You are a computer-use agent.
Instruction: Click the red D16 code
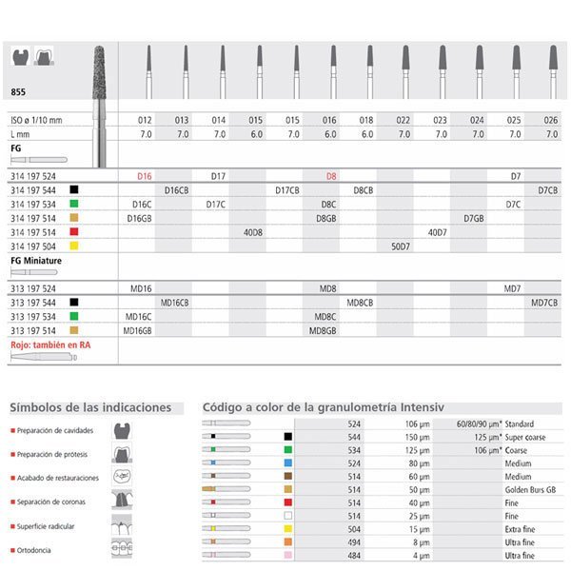point(146,177)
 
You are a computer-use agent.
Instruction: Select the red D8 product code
point(331,177)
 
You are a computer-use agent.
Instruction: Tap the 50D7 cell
point(402,246)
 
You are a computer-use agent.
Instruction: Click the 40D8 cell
point(254,231)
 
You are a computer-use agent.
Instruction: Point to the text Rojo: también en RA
point(49,344)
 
